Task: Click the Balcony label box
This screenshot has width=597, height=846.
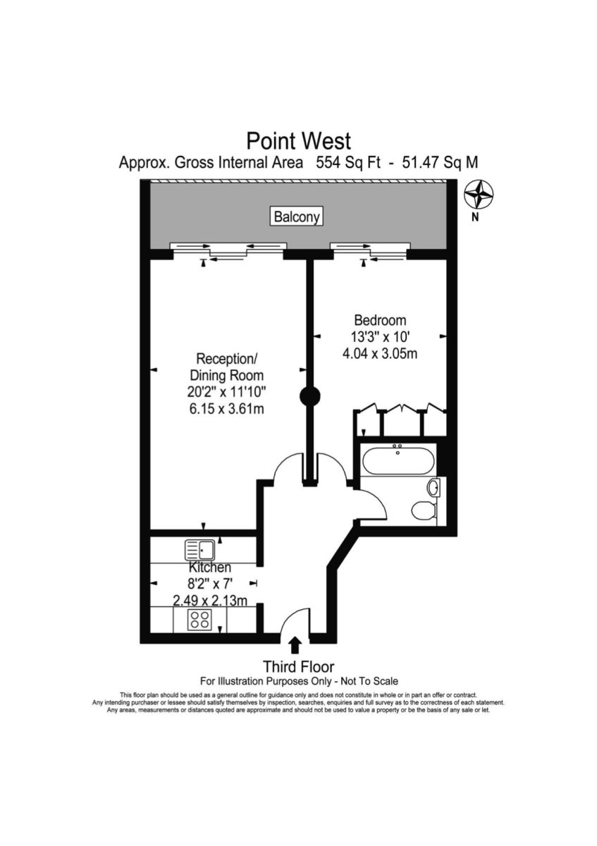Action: [x=297, y=217]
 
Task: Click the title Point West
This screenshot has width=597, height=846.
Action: [x=297, y=139]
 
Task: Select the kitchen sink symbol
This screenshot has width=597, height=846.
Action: [x=200, y=548]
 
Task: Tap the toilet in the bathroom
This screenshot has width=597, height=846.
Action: [x=424, y=510]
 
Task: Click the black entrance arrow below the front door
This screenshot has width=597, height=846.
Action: [x=295, y=645]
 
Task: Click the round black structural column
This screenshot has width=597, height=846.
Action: [x=309, y=396]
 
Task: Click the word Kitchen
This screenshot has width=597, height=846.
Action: [x=209, y=568]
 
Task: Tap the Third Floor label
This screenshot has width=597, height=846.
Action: [x=298, y=666]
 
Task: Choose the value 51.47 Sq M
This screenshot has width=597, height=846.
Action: [x=440, y=162]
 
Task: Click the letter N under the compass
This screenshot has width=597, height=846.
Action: [x=476, y=218]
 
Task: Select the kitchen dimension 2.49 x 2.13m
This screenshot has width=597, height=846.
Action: [x=209, y=601]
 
